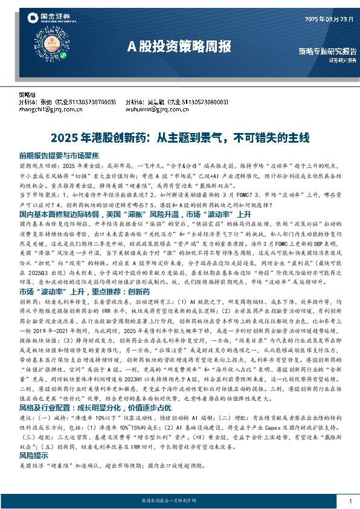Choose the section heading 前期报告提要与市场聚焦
tap(59, 155)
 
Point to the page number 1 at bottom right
tap(350, 501)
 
